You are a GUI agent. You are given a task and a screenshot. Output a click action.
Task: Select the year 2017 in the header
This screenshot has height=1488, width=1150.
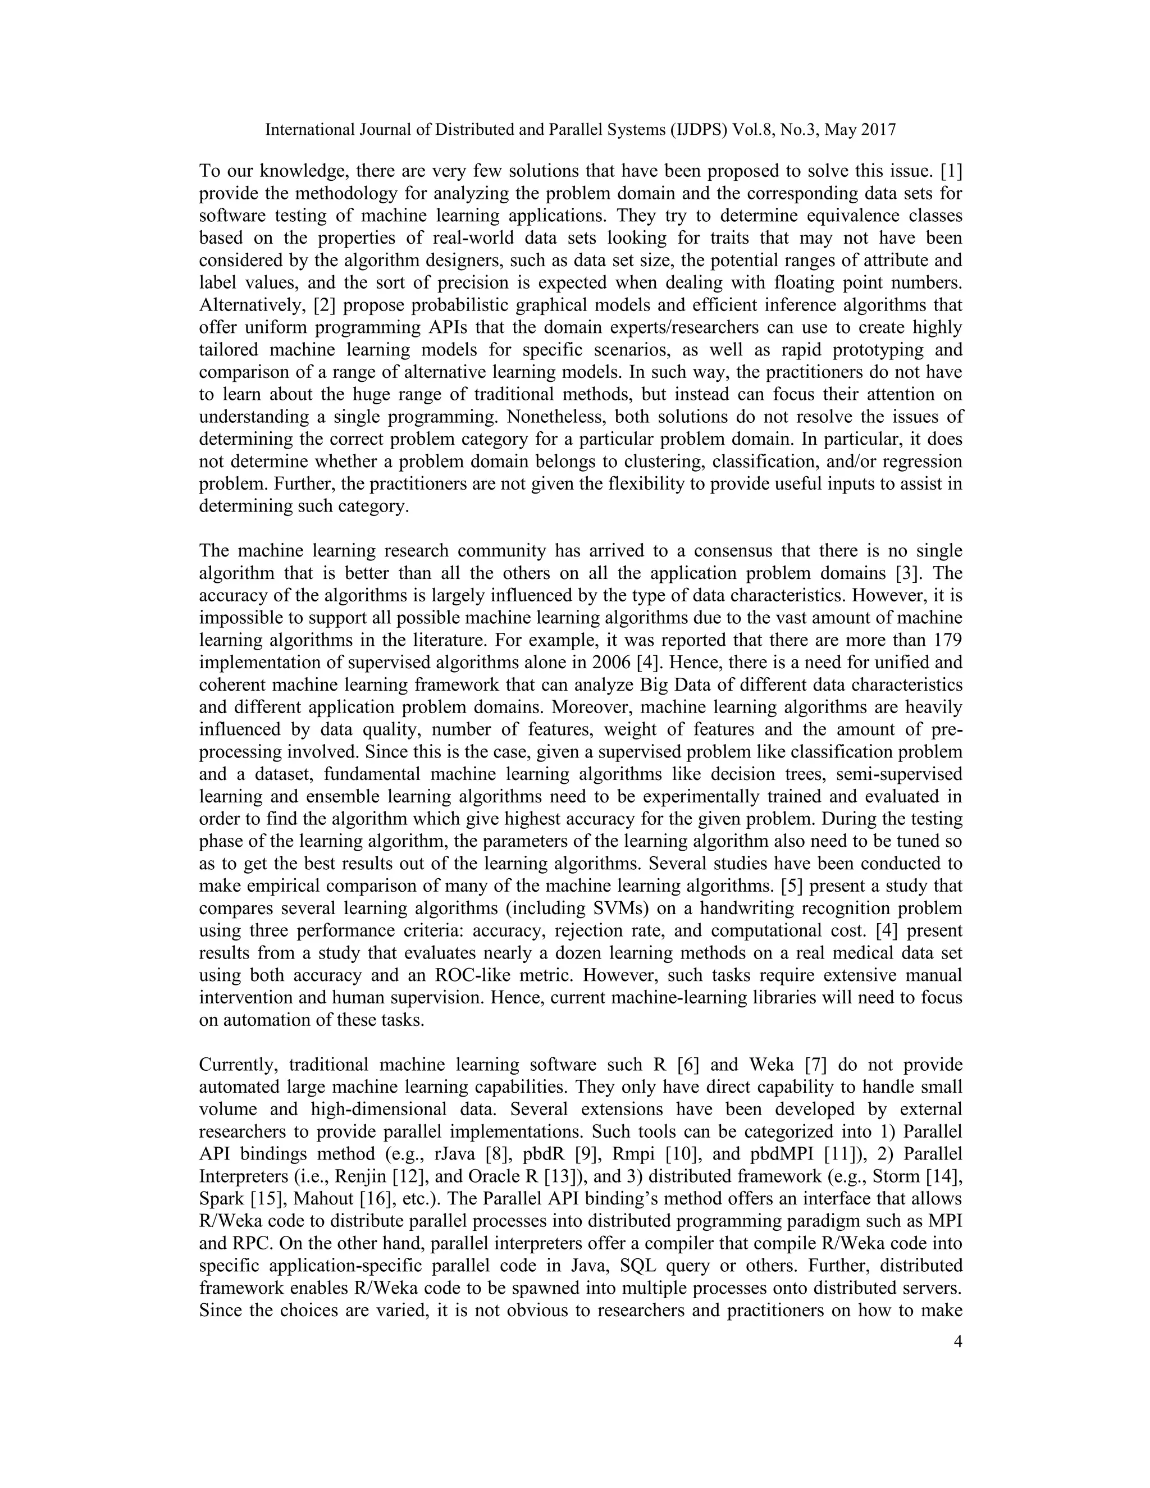(x=878, y=130)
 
